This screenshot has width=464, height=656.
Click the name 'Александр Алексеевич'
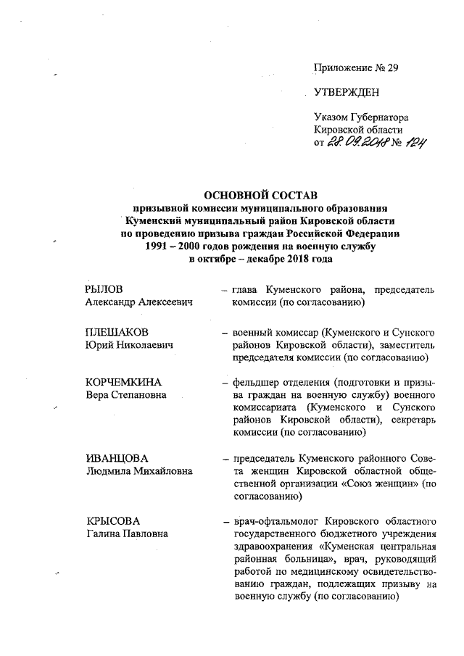(x=140, y=302)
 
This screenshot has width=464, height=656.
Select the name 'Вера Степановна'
(x=125, y=395)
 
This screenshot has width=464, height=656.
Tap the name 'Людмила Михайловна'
(x=138, y=471)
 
